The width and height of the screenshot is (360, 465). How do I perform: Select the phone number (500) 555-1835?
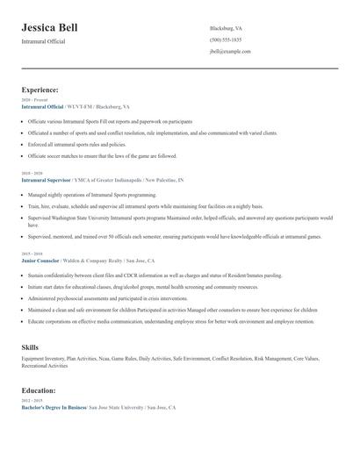(x=227, y=39)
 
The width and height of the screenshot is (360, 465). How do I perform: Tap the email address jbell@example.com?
(x=230, y=52)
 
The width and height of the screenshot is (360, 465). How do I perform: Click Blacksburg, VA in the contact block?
(x=227, y=28)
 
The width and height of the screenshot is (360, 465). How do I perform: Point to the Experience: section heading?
(x=40, y=89)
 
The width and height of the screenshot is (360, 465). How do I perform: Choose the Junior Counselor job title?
(x=41, y=261)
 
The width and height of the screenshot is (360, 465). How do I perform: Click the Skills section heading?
(x=30, y=347)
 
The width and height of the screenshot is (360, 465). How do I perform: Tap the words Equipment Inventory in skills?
(x=45, y=358)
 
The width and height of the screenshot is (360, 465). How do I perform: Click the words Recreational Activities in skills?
(x=44, y=366)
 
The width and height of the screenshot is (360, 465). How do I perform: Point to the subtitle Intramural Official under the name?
(x=43, y=41)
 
